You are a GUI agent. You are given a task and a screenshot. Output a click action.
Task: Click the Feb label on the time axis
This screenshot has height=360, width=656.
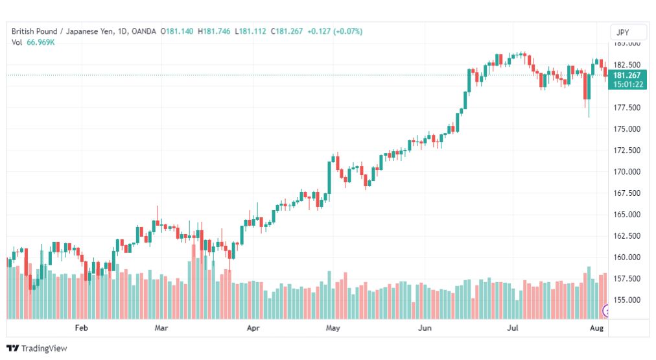pyautogui.click(x=81, y=328)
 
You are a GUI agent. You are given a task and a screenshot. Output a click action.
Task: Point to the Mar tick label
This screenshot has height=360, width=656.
pyautogui.click(x=161, y=328)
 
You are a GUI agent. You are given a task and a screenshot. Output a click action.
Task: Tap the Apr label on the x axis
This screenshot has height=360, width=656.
pyautogui.click(x=253, y=328)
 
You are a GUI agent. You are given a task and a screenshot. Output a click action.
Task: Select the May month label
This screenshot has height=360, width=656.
pyautogui.click(x=333, y=328)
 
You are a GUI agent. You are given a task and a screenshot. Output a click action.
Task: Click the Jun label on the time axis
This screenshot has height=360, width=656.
pyautogui.click(x=425, y=328)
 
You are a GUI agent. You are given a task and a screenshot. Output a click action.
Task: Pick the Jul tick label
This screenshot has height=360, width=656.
pyautogui.click(x=513, y=328)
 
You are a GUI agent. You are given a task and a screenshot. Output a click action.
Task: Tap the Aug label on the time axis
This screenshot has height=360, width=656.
pyautogui.click(x=596, y=328)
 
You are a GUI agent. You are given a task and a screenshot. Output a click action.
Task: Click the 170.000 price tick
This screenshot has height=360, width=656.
pyautogui.click(x=627, y=172)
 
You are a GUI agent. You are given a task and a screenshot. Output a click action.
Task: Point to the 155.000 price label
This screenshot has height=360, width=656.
pyautogui.click(x=627, y=300)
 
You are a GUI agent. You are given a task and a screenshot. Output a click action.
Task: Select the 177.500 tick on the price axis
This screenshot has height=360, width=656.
pyautogui.click(x=627, y=108)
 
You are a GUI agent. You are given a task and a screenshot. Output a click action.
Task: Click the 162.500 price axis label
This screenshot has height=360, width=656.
pyautogui.click(x=627, y=235)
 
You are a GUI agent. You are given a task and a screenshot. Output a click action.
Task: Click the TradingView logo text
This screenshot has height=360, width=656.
pyautogui.click(x=44, y=348)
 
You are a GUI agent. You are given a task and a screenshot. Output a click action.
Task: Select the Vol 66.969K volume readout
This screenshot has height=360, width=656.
pyautogui.click(x=33, y=42)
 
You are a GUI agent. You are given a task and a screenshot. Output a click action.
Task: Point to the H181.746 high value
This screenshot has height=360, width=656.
pyautogui.click(x=214, y=31)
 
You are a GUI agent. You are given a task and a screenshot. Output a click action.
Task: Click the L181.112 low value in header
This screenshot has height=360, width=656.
pyautogui.click(x=250, y=31)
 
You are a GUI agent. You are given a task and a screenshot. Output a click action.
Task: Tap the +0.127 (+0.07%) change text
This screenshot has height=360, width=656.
pyautogui.click(x=334, y=31)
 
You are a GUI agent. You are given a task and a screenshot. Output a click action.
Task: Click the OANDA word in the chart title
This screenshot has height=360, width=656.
pyautogui.click(x=143, y=31)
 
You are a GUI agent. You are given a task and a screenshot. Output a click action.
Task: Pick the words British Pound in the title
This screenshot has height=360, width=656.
pyautogui.click(x=34, y=31)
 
